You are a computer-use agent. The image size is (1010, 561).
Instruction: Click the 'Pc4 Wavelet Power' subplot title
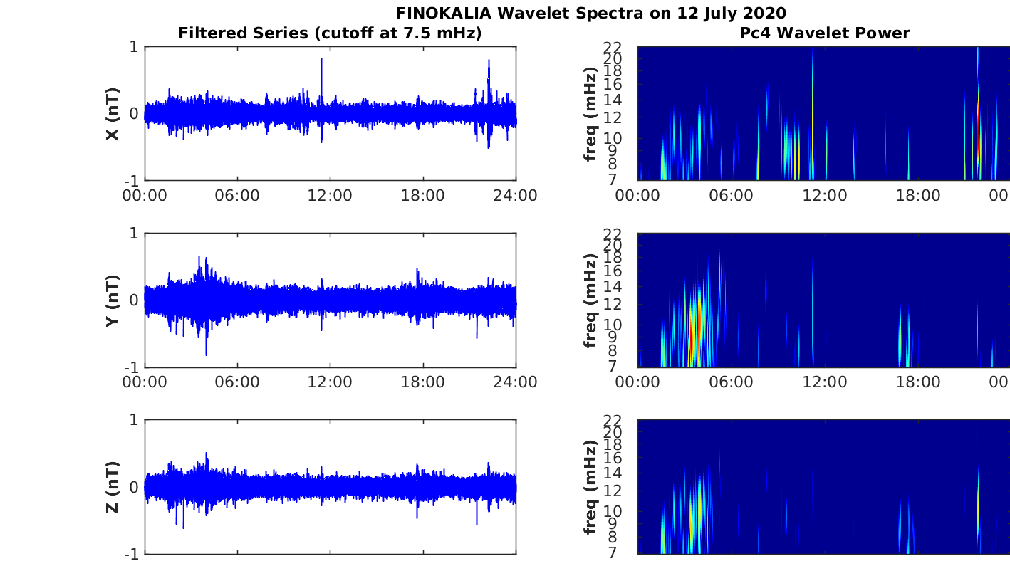pos(824,33)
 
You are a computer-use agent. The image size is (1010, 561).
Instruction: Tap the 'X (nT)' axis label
pos(112,113)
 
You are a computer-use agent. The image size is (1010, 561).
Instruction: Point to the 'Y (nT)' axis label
pos(112,300)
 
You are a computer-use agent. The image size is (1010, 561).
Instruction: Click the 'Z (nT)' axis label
pos(112,487)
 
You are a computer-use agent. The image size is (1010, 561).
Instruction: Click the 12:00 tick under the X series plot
pos(330,195)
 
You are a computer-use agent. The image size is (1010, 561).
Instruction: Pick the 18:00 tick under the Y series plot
pos(423,382)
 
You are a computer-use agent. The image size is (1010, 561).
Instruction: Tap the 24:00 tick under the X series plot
pos(515,195)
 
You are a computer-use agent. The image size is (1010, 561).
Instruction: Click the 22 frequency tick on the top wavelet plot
pos(625,47)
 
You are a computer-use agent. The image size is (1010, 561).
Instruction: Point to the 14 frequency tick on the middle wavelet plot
pos(625,287)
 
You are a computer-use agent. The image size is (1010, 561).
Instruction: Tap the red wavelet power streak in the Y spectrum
pos(691,335)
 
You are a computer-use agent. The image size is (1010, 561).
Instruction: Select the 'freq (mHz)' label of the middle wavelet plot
pos(590,300)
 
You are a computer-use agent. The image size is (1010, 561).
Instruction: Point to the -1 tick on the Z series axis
pos(132,553)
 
